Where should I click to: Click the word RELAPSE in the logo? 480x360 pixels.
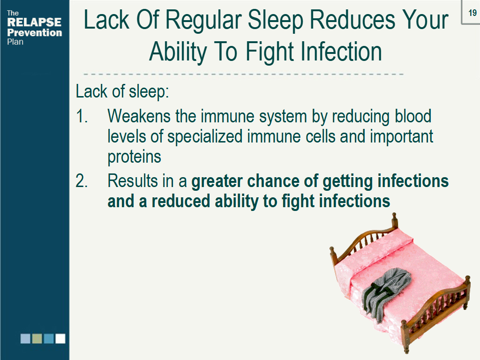tap(34, 22)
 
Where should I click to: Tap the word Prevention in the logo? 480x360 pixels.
tap(34, 33)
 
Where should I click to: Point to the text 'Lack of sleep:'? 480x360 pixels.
tap(122, 91)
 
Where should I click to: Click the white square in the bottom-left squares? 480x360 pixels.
tap(60, 338)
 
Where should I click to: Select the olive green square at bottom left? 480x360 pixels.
tap(37, 338)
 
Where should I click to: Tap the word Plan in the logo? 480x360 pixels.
tap(15, 42)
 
